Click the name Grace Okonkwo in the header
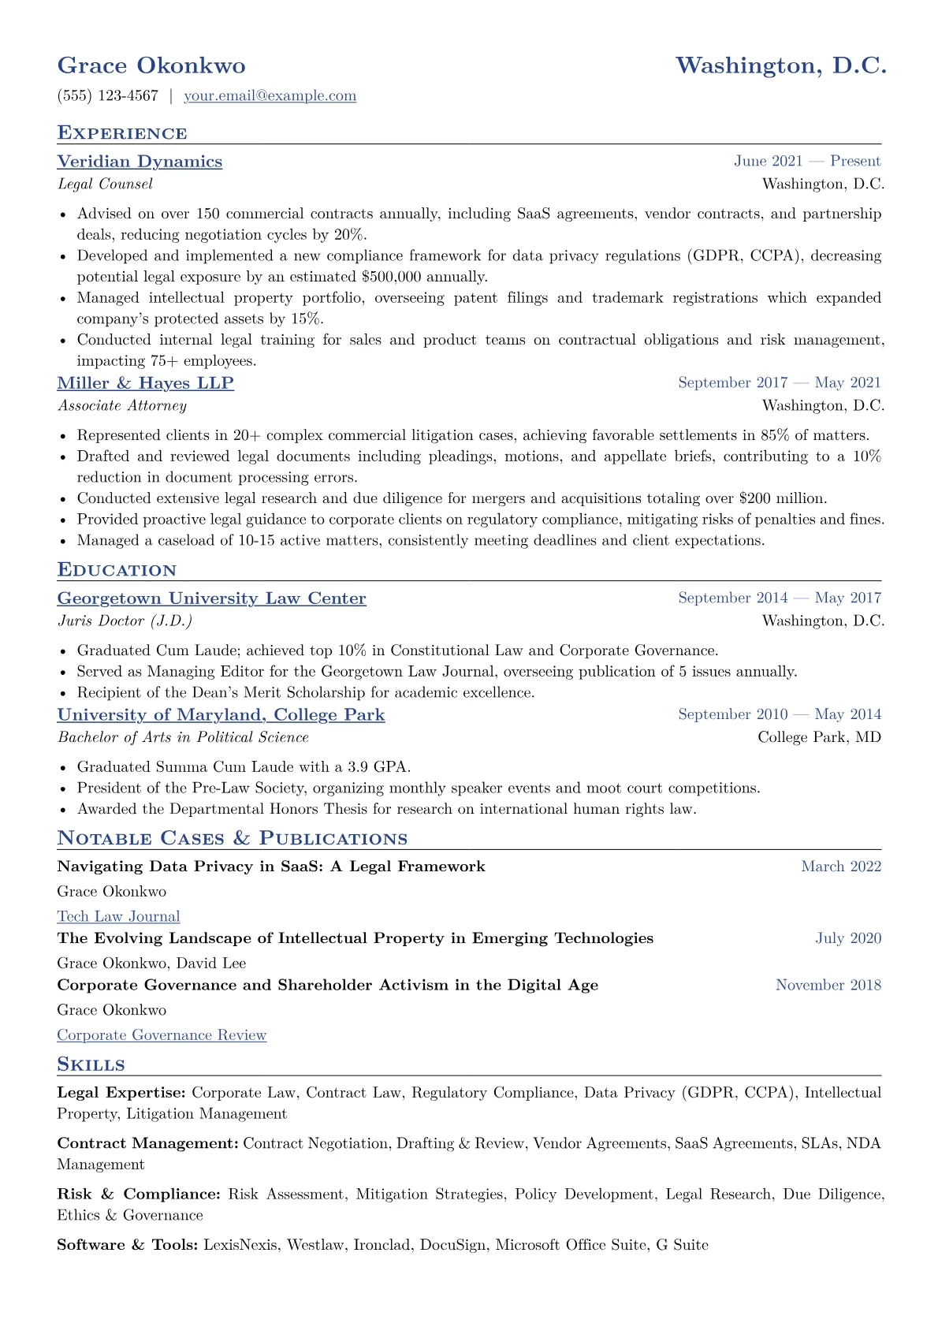[151, 65]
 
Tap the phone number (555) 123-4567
[108, 96]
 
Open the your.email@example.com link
[270, 96]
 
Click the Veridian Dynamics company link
[140, 162]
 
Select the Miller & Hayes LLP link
[146, 383]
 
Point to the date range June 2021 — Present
[807, 162]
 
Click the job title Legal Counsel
[105, 185]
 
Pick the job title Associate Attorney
[122, 406]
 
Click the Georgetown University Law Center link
[211, 598]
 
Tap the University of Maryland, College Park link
[221, 715]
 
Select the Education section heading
[117, 570]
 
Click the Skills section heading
[91, 1064]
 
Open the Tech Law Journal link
[118, 916]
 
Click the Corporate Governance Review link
[162, 1035]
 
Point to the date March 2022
[841, 867]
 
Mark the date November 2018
[828, 985]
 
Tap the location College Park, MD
[820, 737]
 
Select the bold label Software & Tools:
[128, 1245]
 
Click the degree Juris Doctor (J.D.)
[125, 621]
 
